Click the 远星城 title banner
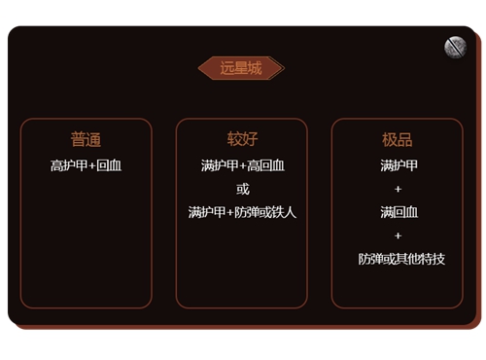pos(241,68)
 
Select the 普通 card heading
pos(86,139)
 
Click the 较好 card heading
pos(242,139)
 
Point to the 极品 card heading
pos(397,139)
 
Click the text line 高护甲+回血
pos(86,165)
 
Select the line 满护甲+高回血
pos(242,165)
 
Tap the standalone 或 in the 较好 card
pos(242,189)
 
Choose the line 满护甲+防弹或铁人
pos(242,212)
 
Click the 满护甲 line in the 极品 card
pos(398,165)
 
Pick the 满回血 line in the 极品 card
pos(398,212)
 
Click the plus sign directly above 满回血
pos(398,189)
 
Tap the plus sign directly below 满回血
pos(398,235)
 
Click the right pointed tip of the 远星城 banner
pos(282,68)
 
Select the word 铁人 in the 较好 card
pos(283,212)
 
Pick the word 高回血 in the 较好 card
pos(263,165)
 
